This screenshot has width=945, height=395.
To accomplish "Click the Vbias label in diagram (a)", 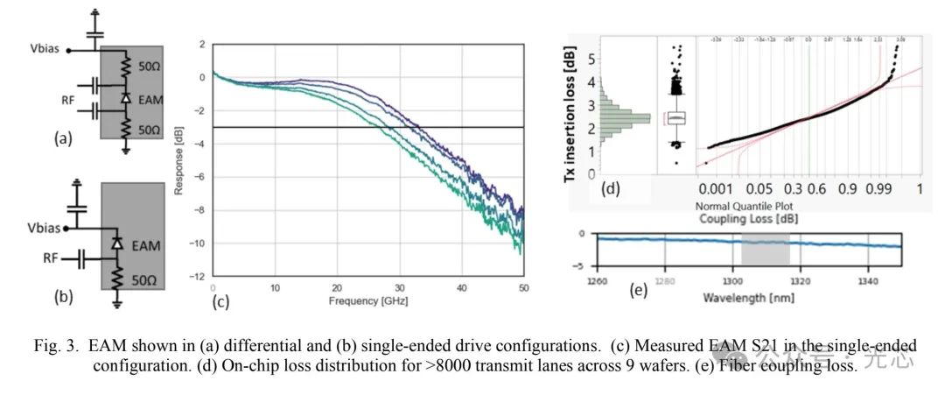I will pos(42,49).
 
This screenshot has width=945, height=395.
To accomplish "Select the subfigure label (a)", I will pos(62,138).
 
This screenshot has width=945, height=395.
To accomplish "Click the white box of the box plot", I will pos(676,117).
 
